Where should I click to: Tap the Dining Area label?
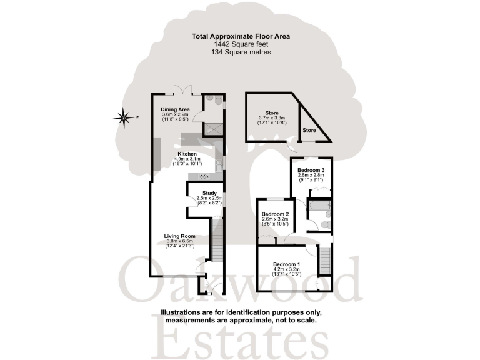click(x=175, y=109)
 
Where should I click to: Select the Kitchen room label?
click(x=187, y=154)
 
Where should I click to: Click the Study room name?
click(x=209, y=192)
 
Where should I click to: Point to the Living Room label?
click(x=179, y=236)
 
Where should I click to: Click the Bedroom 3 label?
click(x=311, y=170)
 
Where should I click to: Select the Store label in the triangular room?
click(x=309, y=130)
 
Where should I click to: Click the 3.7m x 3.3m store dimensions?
click(x=272, y=118)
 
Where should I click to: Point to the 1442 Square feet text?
click(x=241, y=45)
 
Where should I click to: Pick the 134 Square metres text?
click(x=241, y=52)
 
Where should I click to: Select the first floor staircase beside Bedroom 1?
click(x=325, y=259)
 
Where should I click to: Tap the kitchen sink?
click(x=219, y=164)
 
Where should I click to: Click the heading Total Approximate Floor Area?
click(x=241, y=37)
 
